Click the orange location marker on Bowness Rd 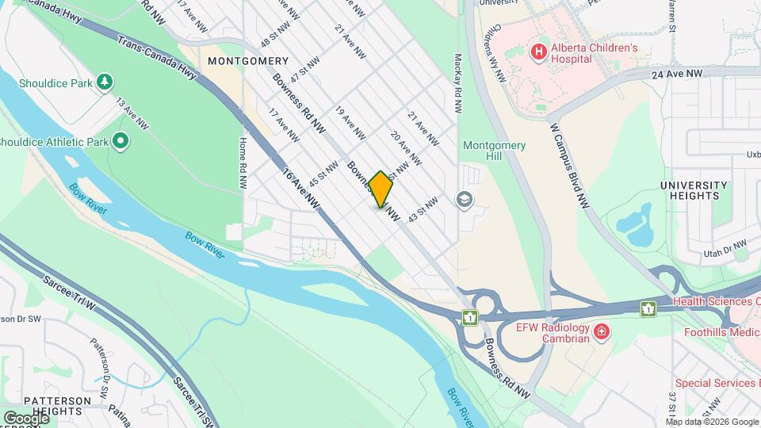[x=380, y=189]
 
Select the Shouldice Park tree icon [x=104, y=82]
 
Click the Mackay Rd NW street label [x=458, y=87]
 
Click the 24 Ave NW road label [x=679, y=73]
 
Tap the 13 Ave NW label [x=132, y=114]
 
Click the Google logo [x=26, y=418]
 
